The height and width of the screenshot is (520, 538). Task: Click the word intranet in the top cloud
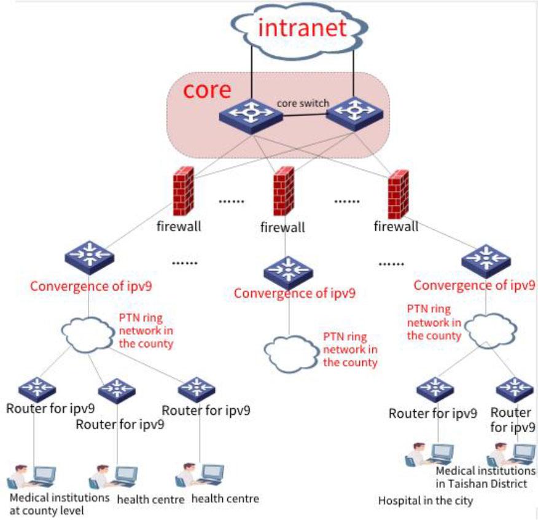click(x=301, y=28)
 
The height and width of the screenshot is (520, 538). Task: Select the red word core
click(x=208, y=90)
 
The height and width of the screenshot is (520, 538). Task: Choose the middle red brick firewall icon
click(x=283, y=191)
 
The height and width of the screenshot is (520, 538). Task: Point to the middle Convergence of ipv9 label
click(x=294, y=293)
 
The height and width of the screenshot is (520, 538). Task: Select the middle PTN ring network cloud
click(x=289, y=350)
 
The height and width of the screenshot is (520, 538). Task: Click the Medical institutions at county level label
click(x=60, y=503)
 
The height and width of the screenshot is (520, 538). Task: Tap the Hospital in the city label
click(x=425, y=501)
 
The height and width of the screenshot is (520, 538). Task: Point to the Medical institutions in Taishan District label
click(x=485, y=477)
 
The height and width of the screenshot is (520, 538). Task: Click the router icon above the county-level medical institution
click(x=37, y=388)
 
